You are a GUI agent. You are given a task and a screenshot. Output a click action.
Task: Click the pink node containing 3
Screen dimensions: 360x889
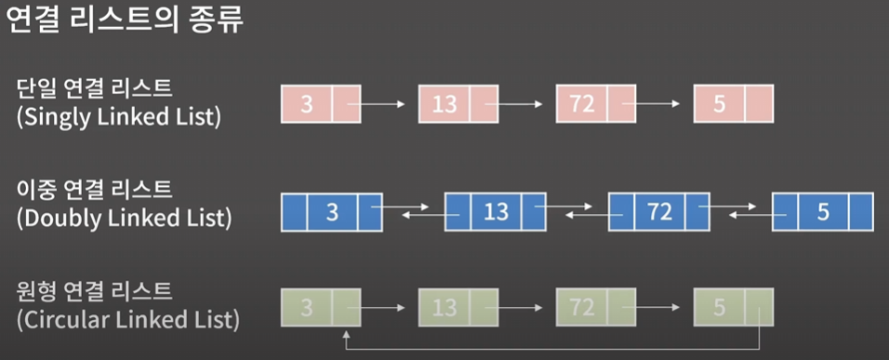pos(319,103)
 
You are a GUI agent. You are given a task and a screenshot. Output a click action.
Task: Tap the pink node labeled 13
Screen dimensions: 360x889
pos(457,103)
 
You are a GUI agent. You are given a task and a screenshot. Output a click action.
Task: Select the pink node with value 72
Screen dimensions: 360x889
pos(594,103)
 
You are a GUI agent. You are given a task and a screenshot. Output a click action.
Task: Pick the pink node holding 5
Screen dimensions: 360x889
pos(732,103)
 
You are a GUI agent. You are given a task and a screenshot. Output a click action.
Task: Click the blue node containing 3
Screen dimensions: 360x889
pos(331,212)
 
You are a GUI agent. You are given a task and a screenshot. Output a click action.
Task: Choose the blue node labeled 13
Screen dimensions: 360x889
pos(495,212)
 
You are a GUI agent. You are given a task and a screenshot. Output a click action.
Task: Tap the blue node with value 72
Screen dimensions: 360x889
pos(658,212)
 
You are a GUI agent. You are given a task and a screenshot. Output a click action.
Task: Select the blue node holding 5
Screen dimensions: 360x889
pos(822,212)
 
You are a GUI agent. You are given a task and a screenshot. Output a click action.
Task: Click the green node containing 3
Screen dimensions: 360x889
pos(319,306)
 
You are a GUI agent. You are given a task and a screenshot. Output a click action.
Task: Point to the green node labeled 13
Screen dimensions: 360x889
pos(457,306)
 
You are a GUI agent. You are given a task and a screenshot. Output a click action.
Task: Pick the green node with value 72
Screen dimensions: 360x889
pos(594,306)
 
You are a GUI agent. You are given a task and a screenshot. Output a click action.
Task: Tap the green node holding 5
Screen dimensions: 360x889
pos(732,306)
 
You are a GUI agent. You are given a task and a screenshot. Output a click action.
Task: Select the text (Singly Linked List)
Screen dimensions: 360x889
pos(119,118)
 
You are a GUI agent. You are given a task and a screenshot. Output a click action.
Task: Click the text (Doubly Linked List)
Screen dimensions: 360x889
pos(123,220)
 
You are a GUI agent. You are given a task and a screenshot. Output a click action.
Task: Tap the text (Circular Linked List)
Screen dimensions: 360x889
pos(128,321)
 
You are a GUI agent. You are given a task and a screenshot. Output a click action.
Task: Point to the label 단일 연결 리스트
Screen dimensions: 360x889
pos(94,89)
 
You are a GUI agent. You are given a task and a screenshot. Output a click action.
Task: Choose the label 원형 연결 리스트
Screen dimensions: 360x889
pos(94,292)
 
